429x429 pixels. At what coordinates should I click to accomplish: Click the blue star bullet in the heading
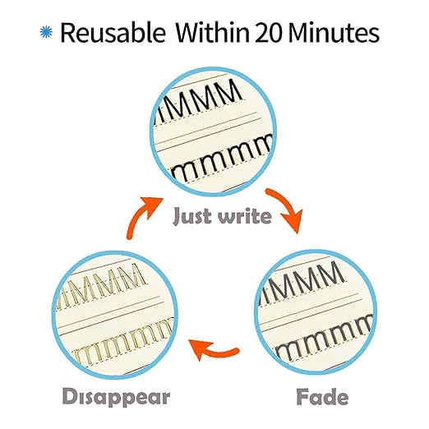coord(46,32)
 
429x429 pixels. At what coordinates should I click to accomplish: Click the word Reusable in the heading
coord(113,33)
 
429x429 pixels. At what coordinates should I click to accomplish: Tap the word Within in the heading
coord(212,32)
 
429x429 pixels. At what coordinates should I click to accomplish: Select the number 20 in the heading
coord(269,33)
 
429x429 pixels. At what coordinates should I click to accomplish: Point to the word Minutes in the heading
coord(334,33)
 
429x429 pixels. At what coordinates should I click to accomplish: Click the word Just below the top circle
coord(191,216)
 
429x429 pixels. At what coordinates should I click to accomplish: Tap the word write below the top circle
coord(244,216)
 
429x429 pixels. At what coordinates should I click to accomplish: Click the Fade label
coord(322,396)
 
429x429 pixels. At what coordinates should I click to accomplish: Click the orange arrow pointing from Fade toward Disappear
coord(214,350)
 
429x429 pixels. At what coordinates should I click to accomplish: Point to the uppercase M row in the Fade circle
coord(302,284)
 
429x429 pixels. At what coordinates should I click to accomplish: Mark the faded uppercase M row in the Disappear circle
coord(100,286)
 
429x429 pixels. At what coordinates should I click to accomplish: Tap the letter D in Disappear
coord(70,396)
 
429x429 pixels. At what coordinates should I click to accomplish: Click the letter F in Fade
coord(302,396)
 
